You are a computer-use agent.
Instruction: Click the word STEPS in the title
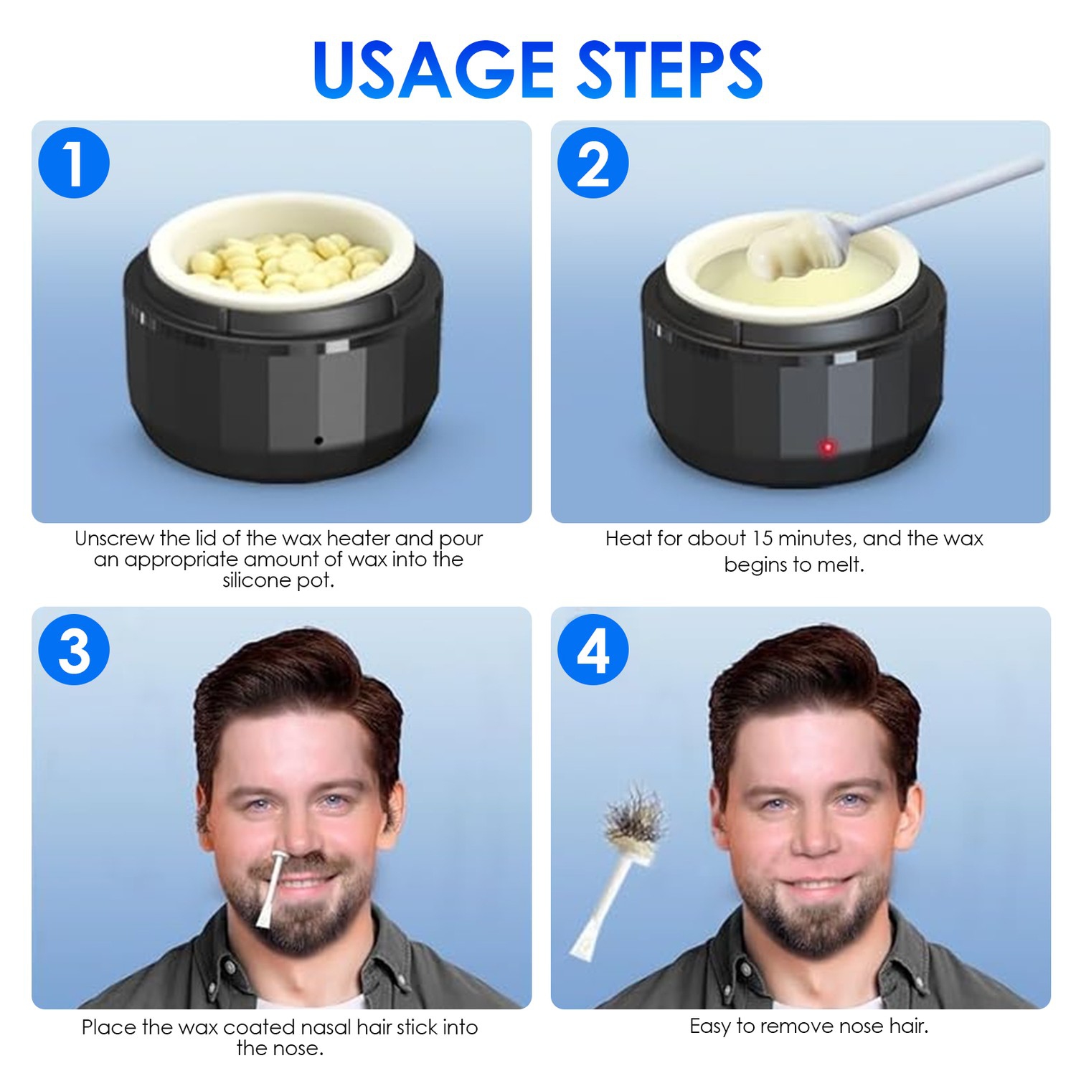[x=670, y=70]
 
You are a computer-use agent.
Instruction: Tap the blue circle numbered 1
[x=74, y=163]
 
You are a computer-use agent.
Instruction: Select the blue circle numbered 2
[x=593, y=163]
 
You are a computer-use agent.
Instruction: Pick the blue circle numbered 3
[x=74, y=650]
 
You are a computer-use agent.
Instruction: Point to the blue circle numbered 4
[x=593, y=650]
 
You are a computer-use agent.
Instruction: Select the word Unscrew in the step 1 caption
[x=114, y=539]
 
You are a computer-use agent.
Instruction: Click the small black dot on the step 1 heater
[x=318, y=440]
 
